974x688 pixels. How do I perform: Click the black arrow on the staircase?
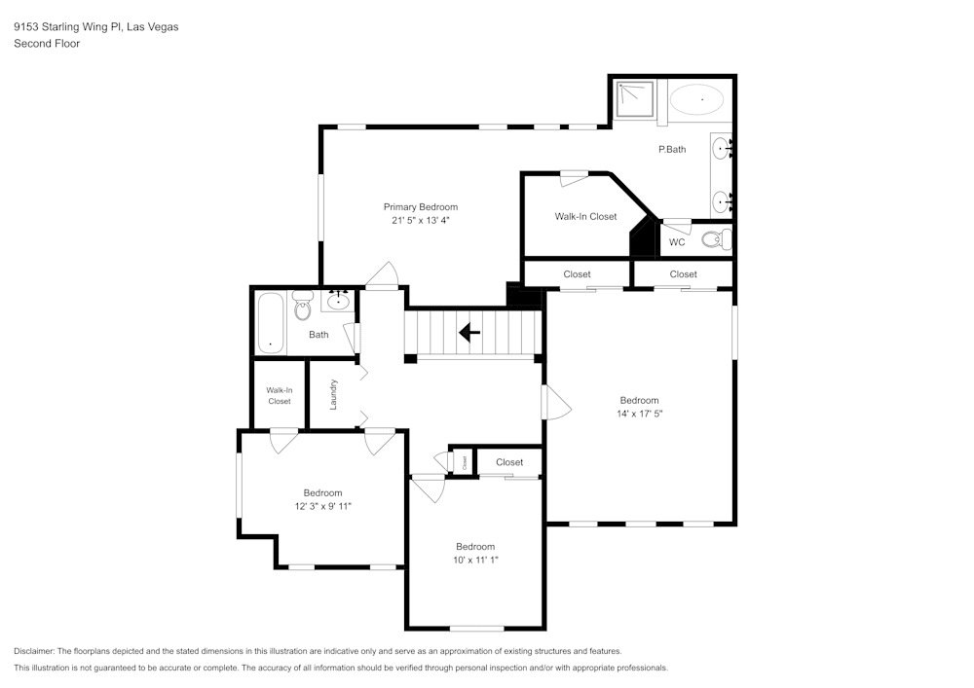(x=469, y=333)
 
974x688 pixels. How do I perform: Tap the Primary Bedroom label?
(x=420, y=207)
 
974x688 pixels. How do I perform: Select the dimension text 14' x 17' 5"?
(x=639, y=414)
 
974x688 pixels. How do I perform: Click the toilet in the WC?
(x=713, y=239)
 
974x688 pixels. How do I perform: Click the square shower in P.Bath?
(x=636, y=98)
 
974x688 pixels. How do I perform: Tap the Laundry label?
(x=333, y=393)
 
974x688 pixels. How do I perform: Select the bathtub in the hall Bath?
(x=270, y=323)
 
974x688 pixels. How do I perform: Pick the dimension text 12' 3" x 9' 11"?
(x=322, y=506)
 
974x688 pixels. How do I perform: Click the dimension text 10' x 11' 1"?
(x=475, y=560)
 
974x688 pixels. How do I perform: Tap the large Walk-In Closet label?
(x=585, y=216)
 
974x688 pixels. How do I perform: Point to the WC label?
(x=676, y=242)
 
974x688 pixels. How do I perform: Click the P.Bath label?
(x=672, y=149)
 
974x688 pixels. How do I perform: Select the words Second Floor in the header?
(x=47, y=44)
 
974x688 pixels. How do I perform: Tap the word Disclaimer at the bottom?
(x=34, y=651)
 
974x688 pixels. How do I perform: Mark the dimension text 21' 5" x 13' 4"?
(x=420, y=221)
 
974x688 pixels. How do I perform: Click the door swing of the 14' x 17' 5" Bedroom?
(x=556, y=402)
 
